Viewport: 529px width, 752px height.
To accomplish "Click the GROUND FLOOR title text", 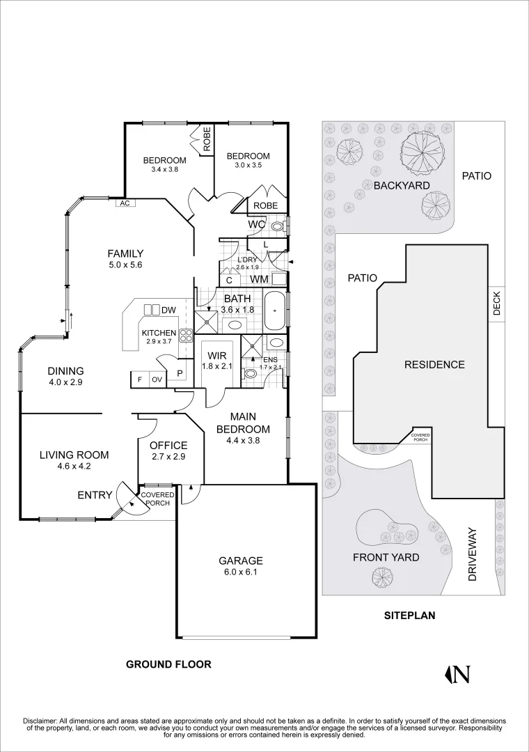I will [x=168, y=664].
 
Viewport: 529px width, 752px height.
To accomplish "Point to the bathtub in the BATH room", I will [x=274, y=311].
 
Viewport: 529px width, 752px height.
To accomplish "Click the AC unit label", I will [x=125, y=203].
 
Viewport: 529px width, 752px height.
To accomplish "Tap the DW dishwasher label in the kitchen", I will [x=168, y=310].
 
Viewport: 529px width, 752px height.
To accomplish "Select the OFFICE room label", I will [x=168, y=446].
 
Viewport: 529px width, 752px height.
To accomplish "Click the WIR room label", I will [x=216, y=355].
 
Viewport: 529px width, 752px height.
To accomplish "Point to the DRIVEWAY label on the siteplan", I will [x=473, y=554].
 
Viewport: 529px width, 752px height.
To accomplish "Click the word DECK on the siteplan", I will [x=497, y=303].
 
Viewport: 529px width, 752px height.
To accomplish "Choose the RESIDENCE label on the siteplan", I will [x=434, y=364].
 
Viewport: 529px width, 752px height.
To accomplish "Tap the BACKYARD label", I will [x=402, y=185].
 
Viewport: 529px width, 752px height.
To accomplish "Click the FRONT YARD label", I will [x=386, y=557].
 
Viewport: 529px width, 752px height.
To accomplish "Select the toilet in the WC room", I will [x=277, y=226].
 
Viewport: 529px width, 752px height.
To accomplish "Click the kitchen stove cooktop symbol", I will [x=186, y=336].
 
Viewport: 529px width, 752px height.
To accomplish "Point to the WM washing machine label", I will [x=260, y=279].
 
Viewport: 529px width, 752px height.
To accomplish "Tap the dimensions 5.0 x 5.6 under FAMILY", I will [x=125, y=265].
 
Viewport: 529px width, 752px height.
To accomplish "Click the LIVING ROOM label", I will [x=74, y=455].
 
